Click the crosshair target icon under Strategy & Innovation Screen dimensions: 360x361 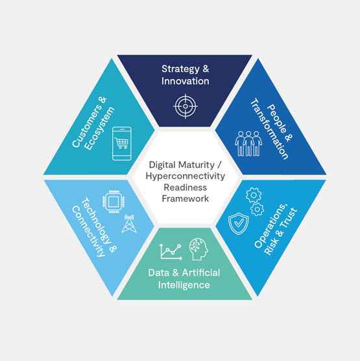click(186, 106)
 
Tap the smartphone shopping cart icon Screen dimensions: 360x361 click(122, 143)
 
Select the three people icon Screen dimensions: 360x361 click(248, 144)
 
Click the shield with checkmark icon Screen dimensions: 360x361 click(238, 224)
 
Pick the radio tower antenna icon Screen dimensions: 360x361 click(129, 224)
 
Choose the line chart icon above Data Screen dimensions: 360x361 click(171, 251)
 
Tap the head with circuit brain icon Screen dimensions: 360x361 click(198, 250)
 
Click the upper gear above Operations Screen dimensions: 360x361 click(254, 195)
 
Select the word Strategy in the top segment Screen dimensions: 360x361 click(180, 69)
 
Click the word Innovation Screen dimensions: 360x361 click(186, 81)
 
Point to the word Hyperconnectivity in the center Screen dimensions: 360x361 click(186, 176)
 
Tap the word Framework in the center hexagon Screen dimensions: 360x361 click(186, 198)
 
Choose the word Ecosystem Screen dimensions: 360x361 click(99, 128)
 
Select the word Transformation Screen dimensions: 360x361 click(269, 129)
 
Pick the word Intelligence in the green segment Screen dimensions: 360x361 click(184, 285)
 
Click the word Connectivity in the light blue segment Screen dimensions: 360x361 click(88, 231)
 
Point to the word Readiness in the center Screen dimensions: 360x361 click(186, 187)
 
